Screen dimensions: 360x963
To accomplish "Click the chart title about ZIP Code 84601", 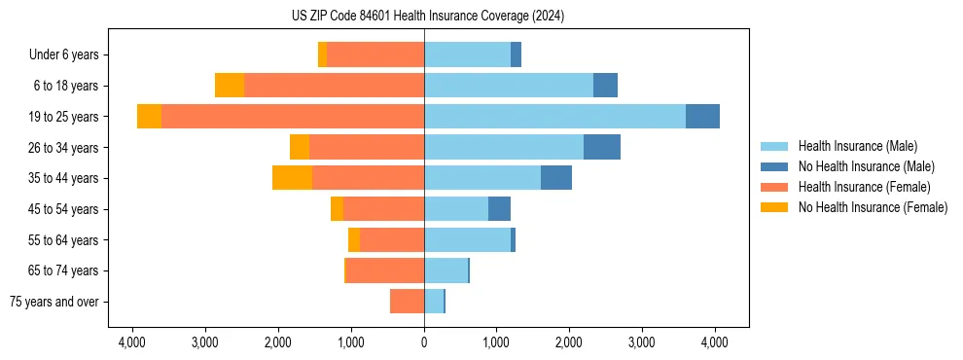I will point(427,16).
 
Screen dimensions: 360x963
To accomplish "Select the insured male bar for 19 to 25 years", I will point(554,116).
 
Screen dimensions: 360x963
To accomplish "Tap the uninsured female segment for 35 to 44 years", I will point(292,177).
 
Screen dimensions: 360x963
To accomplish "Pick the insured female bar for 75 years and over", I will point(407,302).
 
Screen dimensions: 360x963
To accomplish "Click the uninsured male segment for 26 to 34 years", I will point(602,147).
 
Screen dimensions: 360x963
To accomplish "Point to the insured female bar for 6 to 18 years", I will point(334,85).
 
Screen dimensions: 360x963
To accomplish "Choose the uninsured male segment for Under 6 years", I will point(516,54).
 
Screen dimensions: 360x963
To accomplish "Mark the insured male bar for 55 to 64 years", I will point(467,239).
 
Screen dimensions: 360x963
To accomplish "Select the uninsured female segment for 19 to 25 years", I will point(149,116).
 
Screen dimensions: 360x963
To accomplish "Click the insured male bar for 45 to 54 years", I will point(456,208).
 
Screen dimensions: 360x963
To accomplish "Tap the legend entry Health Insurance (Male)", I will point(857,146).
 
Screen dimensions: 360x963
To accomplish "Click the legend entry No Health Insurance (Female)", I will point(873,207).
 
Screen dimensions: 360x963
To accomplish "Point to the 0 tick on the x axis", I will point(424,342).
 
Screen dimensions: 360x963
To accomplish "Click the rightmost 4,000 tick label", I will point(715,342).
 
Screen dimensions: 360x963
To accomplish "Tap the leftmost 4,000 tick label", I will point(132,342).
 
